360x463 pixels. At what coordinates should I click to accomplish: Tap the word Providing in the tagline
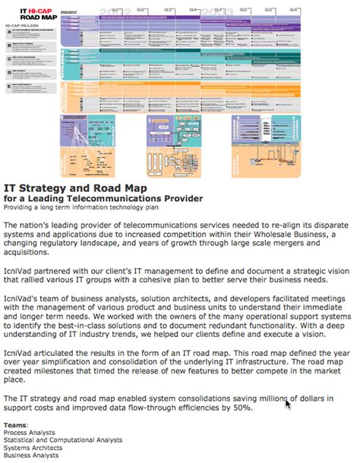tap(22, 209)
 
